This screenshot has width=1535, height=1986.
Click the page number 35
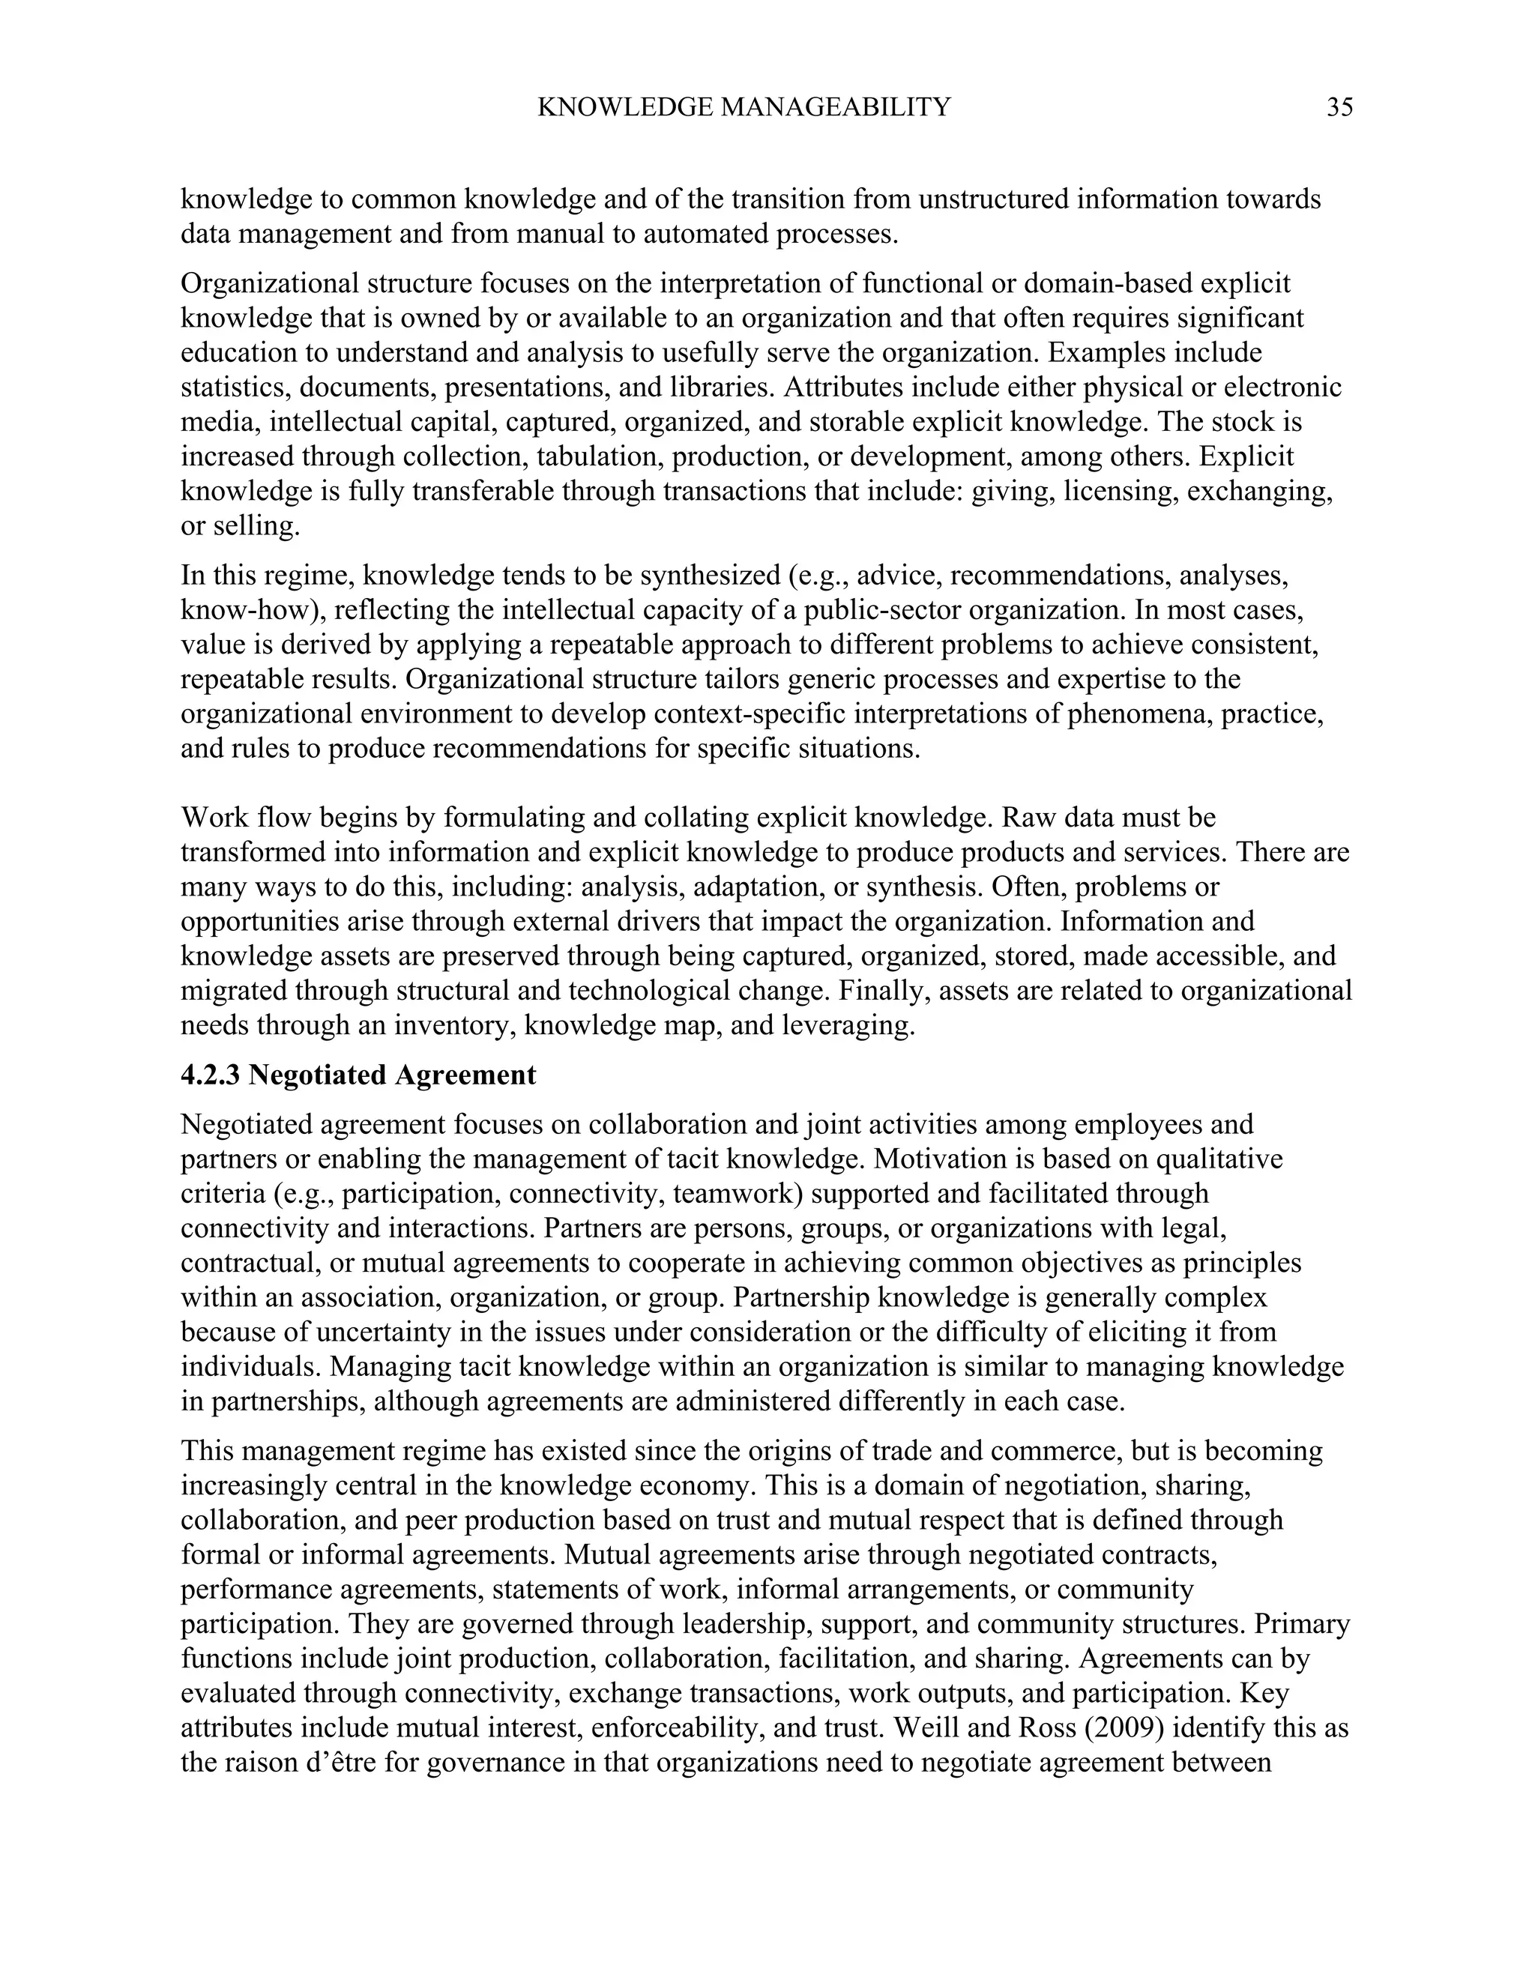tap(1339, 108)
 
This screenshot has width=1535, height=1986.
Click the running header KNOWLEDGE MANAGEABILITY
tap(744, 108)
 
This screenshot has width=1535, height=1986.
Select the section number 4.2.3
tap(211, 1075)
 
